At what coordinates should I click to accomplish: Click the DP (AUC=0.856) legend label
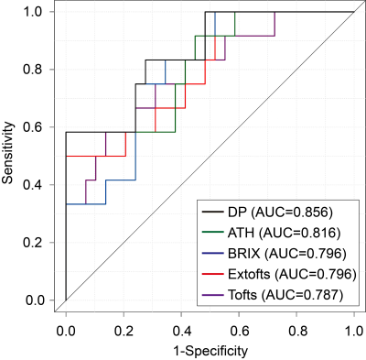(x=280, y=213)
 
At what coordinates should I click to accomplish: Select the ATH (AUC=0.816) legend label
(x=284, y=233)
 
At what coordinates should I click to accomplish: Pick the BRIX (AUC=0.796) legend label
(x=287, y=254)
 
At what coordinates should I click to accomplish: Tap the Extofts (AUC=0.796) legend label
(x=292, y=274)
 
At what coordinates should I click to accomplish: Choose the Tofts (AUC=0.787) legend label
(x=285, y=295)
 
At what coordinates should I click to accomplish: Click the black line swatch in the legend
(x=213, y=213)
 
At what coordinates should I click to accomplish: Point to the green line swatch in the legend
(x=213, y=233)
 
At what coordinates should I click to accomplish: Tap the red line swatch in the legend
(x=213, y=274)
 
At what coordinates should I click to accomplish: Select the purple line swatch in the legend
(x=213, y=295)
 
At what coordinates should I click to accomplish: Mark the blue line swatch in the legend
(x=213, y=254)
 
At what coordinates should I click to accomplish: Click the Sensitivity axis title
(x=8, y=153)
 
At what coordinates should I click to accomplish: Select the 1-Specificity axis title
(x=210, y=351)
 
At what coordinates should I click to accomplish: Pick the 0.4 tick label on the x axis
(x=181, y=331)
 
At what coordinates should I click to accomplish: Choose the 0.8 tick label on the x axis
(x=296, y=331)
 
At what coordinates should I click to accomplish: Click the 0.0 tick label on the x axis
(x=66, y=331)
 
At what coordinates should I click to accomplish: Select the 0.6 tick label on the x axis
(x=239, y=331)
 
